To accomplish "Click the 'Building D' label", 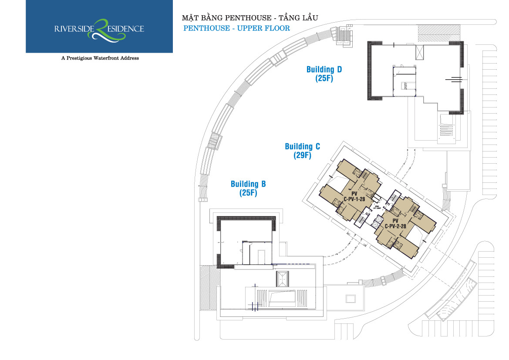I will click(x=324, y=70).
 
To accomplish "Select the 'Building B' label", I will click(x=248, y=184).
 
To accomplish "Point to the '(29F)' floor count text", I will click(x=301, y=155).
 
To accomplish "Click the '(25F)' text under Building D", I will click(x=324, y=79).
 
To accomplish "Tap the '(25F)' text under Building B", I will click(x=248, y=193).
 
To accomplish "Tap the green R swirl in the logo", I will click(x=102, y=29).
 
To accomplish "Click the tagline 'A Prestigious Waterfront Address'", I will click(x=100, y=58).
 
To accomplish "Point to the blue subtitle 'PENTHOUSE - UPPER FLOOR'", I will click(x=236, y=28).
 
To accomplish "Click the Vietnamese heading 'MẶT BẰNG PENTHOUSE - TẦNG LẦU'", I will click(x=249, y=18).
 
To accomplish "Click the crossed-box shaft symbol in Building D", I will click(x=420, y=53).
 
